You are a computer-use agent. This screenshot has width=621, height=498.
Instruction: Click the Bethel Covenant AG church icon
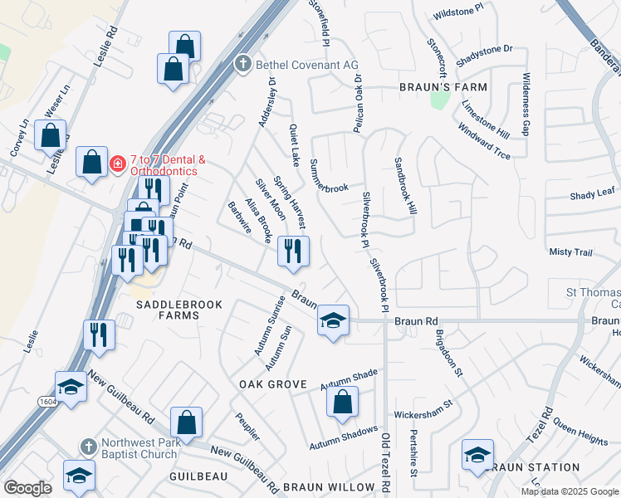[242, 63]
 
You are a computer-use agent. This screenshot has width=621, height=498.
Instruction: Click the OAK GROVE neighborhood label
[273, 385]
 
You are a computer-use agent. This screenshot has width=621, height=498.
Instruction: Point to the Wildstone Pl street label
[457, 12]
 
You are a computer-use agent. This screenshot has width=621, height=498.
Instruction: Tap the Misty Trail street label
[570, 251]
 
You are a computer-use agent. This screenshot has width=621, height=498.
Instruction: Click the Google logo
[28, 487]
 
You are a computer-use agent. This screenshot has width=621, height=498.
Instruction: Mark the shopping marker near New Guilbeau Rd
[188, 422]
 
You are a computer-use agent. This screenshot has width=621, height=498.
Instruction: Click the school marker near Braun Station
[477, 456]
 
